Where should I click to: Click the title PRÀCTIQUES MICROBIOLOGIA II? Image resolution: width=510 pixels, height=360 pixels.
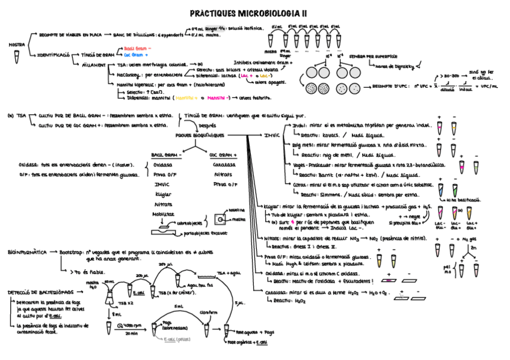click(248, 13)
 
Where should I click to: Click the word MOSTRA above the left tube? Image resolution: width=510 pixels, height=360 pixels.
click(16, 45)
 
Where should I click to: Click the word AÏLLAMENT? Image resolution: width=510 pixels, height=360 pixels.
click(94, 64)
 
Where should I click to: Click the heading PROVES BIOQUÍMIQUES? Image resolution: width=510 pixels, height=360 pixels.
click(199, 135)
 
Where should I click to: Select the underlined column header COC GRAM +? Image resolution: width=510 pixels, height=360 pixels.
click(223, 154)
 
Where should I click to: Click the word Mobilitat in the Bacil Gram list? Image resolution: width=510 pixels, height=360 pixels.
click(164, 213)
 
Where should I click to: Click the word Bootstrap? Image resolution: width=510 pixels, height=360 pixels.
click(72, 252)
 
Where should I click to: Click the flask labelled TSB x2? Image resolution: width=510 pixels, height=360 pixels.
click(112, 295)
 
